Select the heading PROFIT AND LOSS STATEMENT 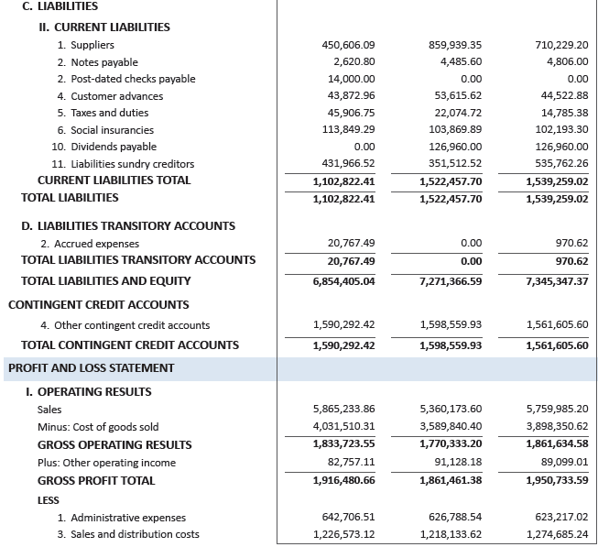91,368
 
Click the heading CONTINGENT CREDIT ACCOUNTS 98,304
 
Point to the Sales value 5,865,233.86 344,410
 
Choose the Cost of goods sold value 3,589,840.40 451,427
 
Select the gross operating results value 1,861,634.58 558,444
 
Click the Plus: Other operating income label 106,463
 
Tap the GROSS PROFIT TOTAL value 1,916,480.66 344,480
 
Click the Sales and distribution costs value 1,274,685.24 558,534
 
